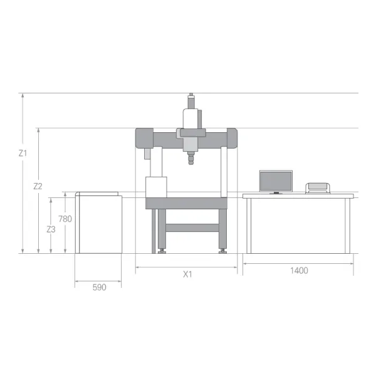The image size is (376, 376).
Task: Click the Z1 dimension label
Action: click(x=23, y=153)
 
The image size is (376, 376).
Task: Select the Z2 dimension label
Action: click(x=38, y=186)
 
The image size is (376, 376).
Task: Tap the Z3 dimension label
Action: click(x=51, y=229)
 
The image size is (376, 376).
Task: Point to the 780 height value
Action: click(x=65, y=219)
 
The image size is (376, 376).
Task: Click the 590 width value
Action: click(x=99, y=287)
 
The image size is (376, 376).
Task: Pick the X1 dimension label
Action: click(x=187, y=274)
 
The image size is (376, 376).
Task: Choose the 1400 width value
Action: click(x=299, y=271)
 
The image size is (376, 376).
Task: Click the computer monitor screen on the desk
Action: click(x=276, y=181)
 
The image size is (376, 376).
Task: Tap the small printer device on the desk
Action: click(x=318, y=188)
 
